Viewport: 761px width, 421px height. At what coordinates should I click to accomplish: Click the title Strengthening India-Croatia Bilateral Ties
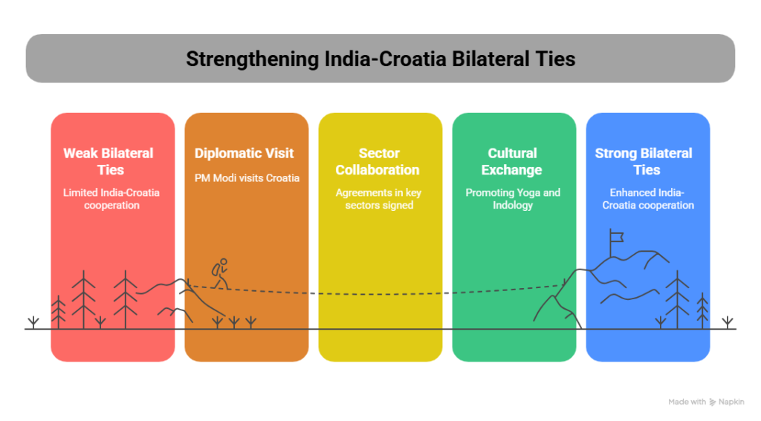pyautogui.click(x=380, y=59)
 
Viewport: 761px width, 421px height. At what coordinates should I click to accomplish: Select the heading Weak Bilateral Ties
pyautogui.click(x=109, y=161)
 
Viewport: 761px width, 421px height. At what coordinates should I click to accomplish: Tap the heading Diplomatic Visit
pyautogui.click(x=245, y=154)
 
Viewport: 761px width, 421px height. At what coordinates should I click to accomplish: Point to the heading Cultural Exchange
pyautogui.click(x=512, y=161)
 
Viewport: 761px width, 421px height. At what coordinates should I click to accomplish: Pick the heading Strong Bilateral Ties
pyautogui.click(x=644, y=161)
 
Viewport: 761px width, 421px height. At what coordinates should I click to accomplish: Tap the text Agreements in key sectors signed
pyautogui.click(x=379, y=198)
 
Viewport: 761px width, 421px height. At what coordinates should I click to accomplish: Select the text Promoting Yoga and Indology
pyautogui.click(x=513, y=198)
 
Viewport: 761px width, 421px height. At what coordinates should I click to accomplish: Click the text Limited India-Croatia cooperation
pyautogui.click(x=111, y=198)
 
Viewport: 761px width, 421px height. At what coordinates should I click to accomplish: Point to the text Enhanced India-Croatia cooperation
pyautogui.click(x=648, y=198)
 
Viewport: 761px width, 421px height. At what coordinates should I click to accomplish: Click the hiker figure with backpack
pyautogui.click(x=219, y=273)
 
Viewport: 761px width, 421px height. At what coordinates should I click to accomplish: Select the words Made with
pyautogui.click(x=687, y=402)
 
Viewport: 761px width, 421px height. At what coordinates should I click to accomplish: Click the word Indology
pyautogui.click(x=513, y=205)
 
